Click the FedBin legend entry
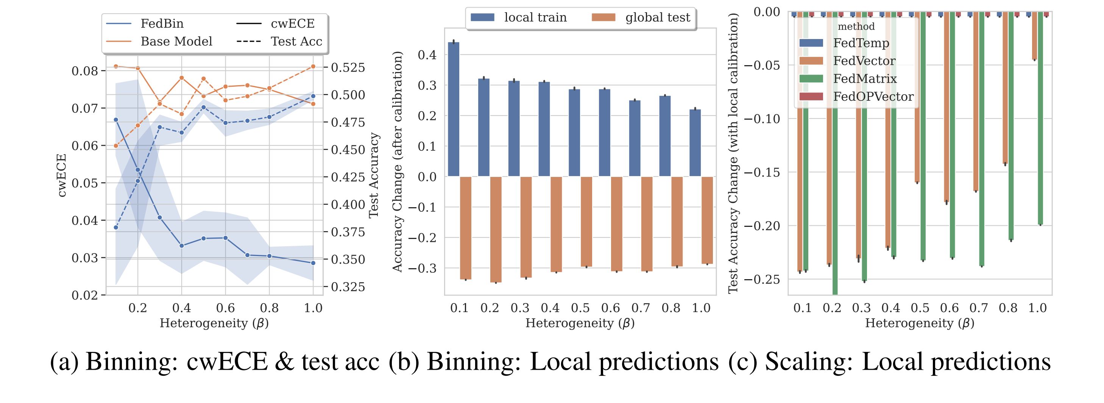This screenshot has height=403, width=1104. point(162,23)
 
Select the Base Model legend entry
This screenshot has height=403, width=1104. point(176,41)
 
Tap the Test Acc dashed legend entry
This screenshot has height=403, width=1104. point(296,41)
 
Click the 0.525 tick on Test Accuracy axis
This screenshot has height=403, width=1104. point(348,68)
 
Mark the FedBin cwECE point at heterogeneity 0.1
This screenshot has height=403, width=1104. point(116,120)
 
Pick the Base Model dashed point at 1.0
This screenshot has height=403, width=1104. point(313,66)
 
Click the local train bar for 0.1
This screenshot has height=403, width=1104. point(454,109)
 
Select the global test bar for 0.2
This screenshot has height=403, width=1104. point(496,230)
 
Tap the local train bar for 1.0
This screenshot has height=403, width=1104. point(695,143)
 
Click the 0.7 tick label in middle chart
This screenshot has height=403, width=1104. point(641,308)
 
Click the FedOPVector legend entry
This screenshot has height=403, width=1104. point(873,97)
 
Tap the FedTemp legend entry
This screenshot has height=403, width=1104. point(861,43)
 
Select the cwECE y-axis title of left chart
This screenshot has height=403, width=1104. point(62,175)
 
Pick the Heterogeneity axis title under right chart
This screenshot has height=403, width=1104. point(920,323)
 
